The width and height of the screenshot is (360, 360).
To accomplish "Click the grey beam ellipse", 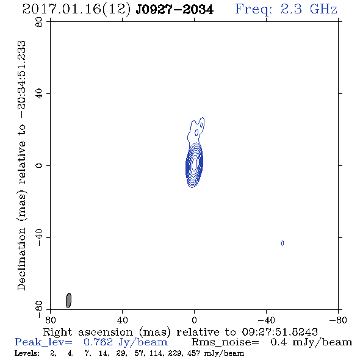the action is (68, 300).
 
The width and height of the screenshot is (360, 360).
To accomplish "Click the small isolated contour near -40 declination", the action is (283, 243).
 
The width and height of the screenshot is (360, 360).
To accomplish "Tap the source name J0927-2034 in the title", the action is (175, 10).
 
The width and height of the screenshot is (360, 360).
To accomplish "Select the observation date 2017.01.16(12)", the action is (77, 10).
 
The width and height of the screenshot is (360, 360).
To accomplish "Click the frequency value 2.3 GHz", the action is (309, 9).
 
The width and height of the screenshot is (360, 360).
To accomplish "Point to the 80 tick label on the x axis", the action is (50, 320).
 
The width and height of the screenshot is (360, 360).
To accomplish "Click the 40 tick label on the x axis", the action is (123, 320).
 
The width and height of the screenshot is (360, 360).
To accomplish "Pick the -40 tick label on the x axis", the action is (266, 320).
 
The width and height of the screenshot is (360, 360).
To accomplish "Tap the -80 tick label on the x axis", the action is (338, 320).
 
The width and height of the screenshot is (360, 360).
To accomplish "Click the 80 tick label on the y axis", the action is (39, 22).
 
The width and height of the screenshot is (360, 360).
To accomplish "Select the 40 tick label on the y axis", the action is (39, 94).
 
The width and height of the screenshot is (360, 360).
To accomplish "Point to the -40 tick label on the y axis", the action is (39, 237).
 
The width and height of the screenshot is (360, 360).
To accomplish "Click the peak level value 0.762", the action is (98, 342).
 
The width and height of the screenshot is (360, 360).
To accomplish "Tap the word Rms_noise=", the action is (225, 342).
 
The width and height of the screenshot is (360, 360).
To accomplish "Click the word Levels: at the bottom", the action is (27, 353).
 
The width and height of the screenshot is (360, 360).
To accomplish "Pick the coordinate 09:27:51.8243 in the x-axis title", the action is (279, 332).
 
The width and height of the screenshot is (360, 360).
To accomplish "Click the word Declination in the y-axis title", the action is (21, 259).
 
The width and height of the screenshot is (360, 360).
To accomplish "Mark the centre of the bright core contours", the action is (194, 164).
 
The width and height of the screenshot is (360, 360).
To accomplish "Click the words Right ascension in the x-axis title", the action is (88, 332).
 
